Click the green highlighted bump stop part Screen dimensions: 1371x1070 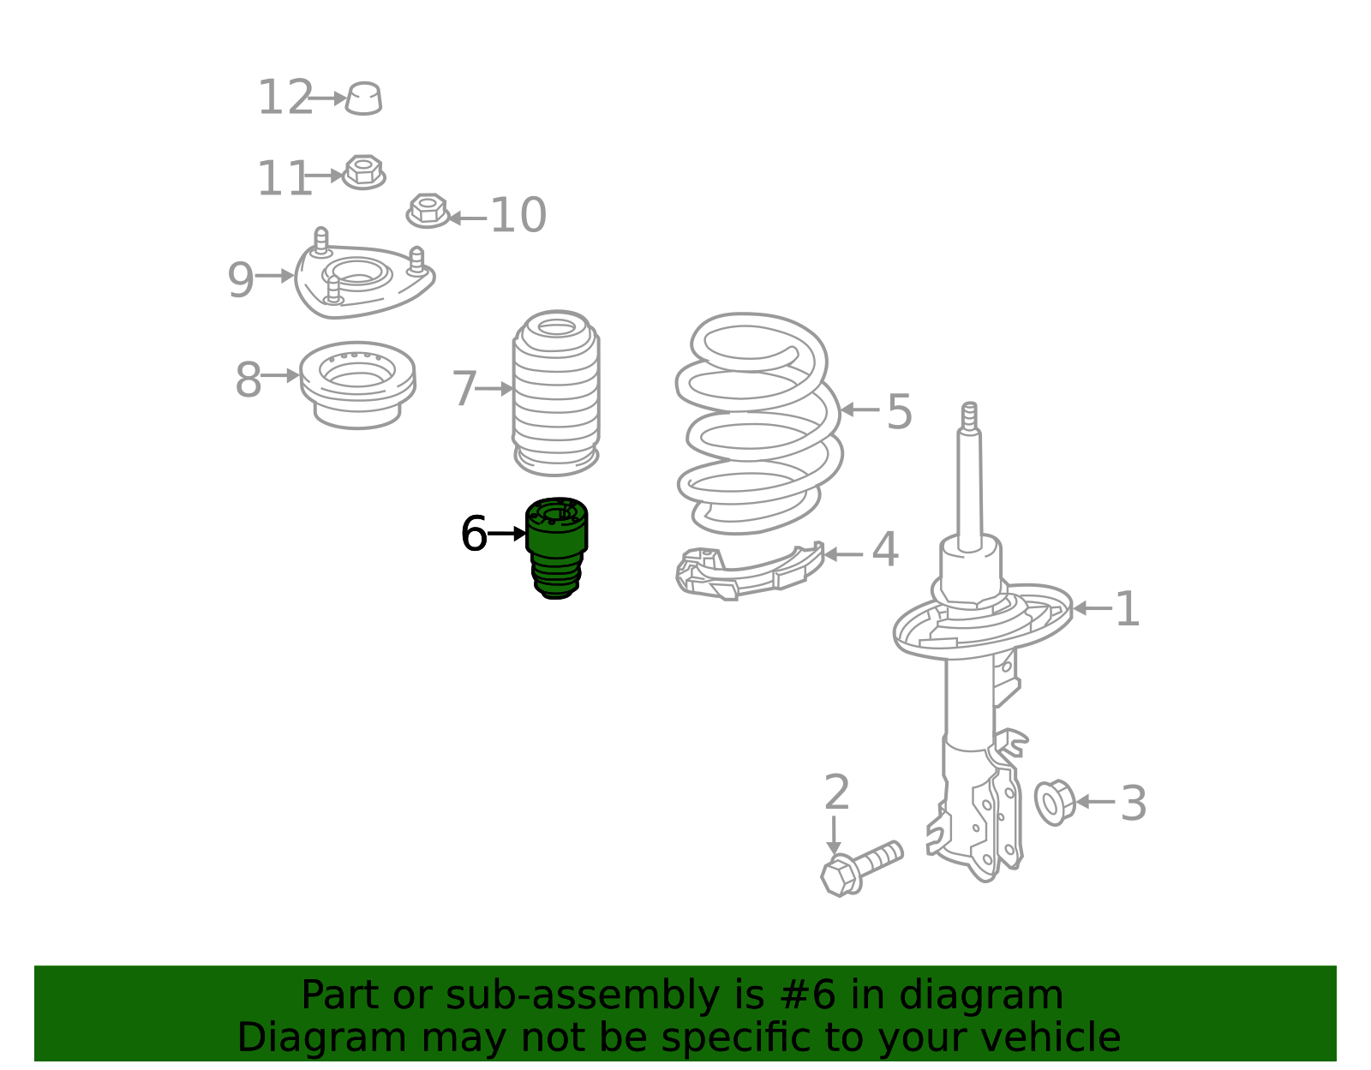point(556,547)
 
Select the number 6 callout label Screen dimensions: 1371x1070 point(474,534)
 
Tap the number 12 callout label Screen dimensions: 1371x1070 point(285,97)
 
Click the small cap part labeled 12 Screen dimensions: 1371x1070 point(363,99)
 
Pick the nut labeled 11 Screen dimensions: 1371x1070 point(363,172)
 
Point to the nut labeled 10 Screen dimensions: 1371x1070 point(428,211)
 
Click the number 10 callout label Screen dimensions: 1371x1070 point(518,215)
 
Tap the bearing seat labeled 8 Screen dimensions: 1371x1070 point(357,386)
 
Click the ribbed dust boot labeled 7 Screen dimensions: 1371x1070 point(556,392)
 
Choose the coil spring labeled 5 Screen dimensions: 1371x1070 point(759,423)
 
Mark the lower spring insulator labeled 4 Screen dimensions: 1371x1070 point(750,572)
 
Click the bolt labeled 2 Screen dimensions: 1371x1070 point(862,868)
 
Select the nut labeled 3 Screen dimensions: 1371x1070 point(1055,803)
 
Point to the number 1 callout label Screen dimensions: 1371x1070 point(1128,608)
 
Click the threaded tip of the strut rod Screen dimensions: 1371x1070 point(970,416)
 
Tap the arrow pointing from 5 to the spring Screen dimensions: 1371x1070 point(860,409)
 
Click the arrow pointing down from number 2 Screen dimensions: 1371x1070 point(834,835)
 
